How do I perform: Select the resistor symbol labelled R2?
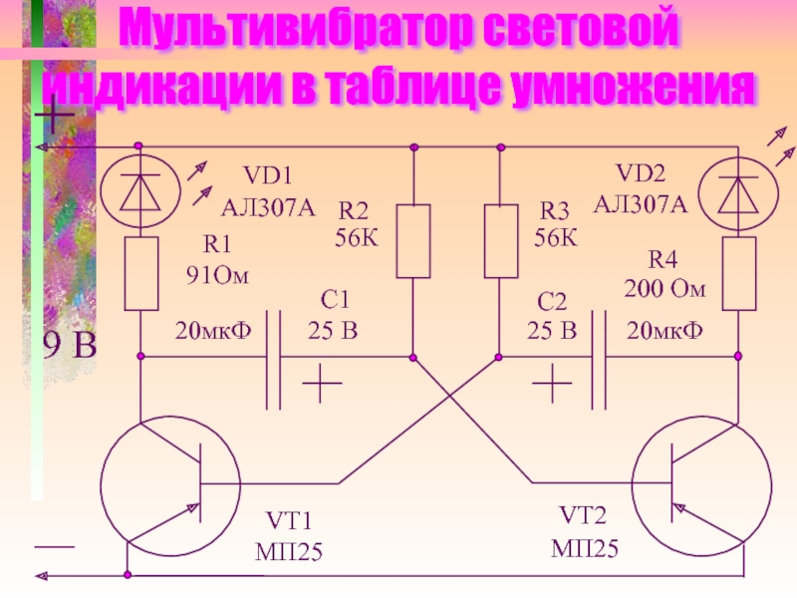coord(412,241)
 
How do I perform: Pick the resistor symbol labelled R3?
coord(500,241)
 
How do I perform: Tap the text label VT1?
coord(289,519)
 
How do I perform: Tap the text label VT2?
coord(583,516)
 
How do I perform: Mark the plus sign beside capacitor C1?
coord(322,383)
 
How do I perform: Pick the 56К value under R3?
coord(554,237)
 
